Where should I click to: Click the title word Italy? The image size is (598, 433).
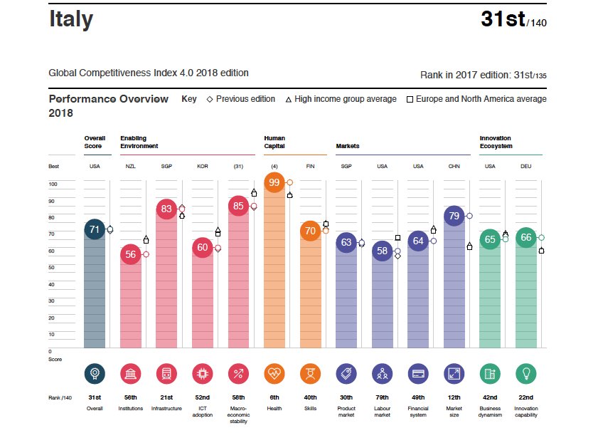tap(70, 19)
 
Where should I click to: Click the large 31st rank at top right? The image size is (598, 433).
tap(503, 19)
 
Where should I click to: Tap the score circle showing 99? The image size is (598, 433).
tap(274, 183)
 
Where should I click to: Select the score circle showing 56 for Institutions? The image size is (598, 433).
tap(131, 254)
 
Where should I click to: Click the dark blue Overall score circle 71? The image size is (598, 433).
tap(94, 229)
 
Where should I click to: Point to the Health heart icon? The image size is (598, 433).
tap(274, 373)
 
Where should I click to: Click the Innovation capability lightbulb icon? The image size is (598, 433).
tap(526, 373)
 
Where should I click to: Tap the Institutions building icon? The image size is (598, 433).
tap(131, 373)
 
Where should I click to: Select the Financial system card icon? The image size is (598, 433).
tap(418, 373)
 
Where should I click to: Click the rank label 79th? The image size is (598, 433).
tap(383, 397)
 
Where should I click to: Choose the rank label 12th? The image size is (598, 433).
tap(454, 397)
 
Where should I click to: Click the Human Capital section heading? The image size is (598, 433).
tap(274, 142)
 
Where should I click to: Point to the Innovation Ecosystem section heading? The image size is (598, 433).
tap(496, 142)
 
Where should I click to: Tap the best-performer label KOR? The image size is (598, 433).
tap(202, 166)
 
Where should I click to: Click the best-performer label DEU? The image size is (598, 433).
tap(526, 166)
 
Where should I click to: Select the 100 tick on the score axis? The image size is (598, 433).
tap(53, 184)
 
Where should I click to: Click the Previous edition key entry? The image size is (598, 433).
tap(241, 99)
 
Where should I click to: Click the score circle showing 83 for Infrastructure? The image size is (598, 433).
tap(166, 209)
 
